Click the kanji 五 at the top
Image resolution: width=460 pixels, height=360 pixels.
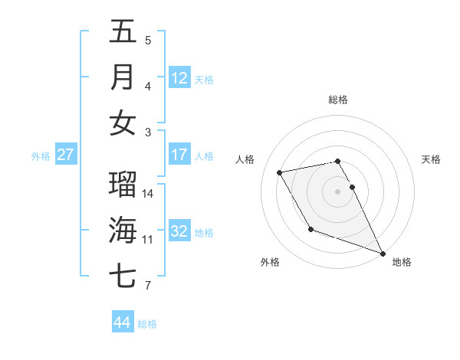(x=123, y=31)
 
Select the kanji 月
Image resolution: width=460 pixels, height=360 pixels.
(x=123, y=77)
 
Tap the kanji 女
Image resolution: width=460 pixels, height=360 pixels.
(x=123, y=123)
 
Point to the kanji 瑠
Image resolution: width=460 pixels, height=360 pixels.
(x=123, y=185)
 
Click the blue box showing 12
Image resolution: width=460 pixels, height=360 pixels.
(x=179, y=77)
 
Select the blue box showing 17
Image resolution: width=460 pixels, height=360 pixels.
(x=179, y=155)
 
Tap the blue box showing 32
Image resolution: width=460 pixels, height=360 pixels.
(x=179, y=231)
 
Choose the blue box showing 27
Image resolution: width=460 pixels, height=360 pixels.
(x=65, y=155)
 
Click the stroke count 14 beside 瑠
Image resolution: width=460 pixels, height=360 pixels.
(x=148, y=193)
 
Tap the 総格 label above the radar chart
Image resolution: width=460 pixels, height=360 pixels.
(x=338, y=100)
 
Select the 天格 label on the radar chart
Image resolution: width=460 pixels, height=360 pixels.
(x=432, y=159)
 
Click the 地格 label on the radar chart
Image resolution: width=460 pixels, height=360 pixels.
(x=402, y=262)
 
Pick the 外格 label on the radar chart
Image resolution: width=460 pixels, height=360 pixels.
(x=270, y=262)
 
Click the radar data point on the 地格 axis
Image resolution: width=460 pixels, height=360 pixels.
(x=383, y=253)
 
